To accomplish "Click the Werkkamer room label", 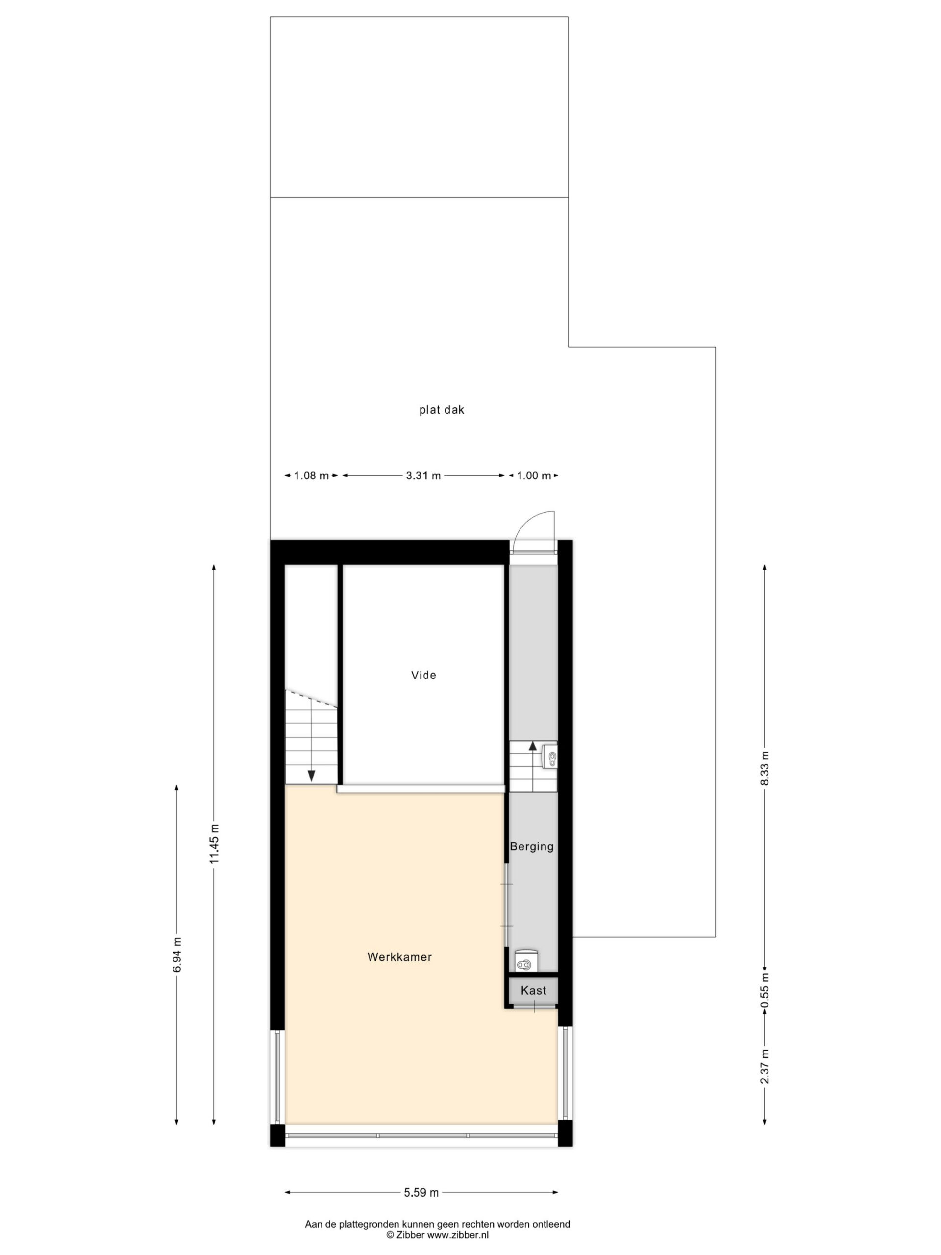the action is (399, 957).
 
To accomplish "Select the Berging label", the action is (531, 847).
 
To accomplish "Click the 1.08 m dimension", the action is (311, 476).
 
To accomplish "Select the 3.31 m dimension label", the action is (423, 476).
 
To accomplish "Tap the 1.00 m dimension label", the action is (533, 476).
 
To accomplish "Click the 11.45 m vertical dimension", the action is (214, 844).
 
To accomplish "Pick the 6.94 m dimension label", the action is (177, 954).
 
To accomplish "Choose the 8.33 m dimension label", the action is (765, 768).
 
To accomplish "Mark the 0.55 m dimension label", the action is (765, 991).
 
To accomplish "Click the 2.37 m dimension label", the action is (765, 1066).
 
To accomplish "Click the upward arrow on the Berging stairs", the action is (533, 746).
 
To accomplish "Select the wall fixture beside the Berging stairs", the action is (549, 756).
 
